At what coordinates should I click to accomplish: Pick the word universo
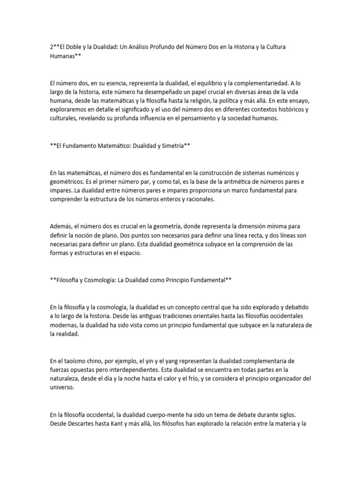[62, 387]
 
